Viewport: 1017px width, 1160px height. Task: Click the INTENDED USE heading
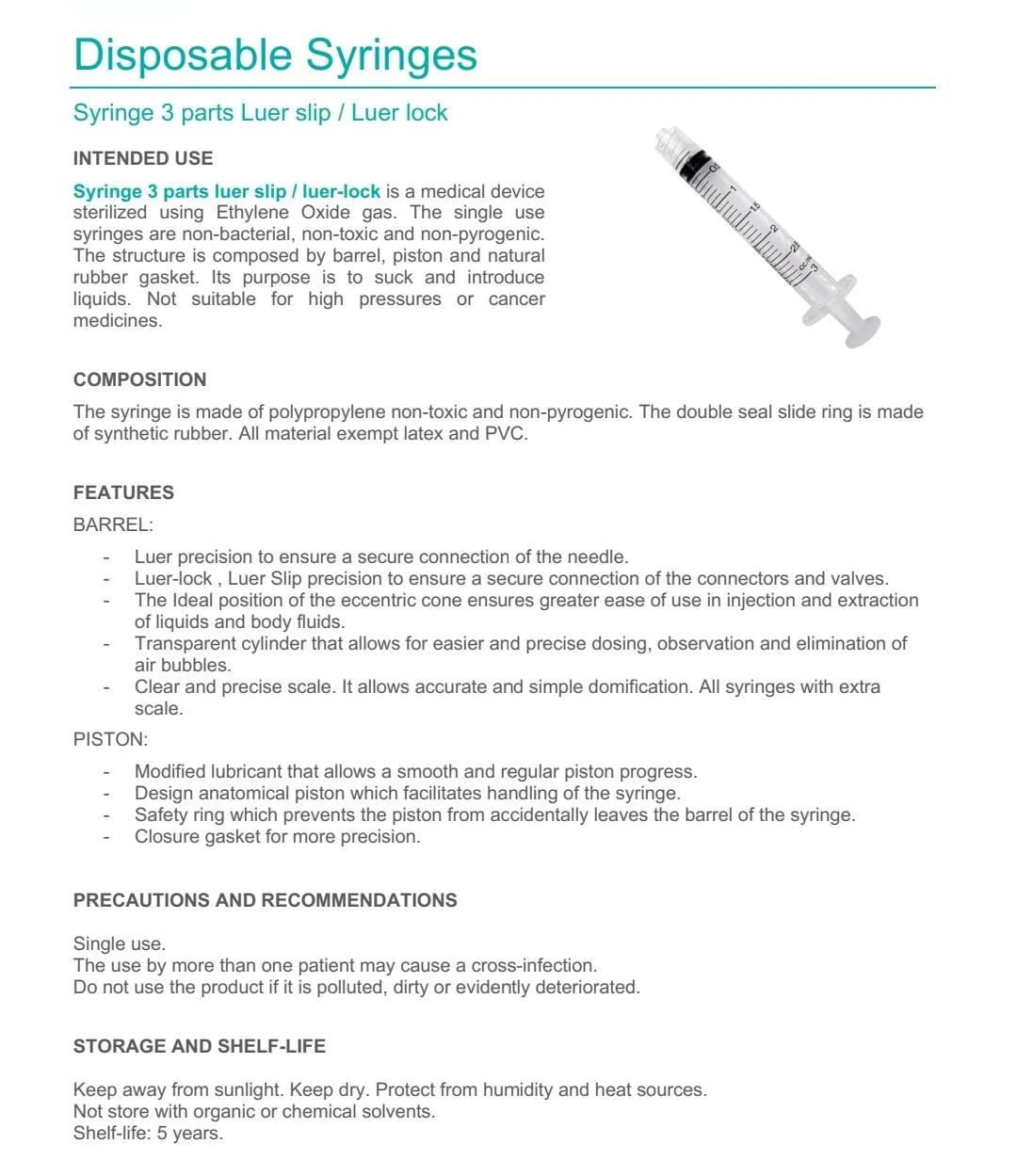tap(143, 158)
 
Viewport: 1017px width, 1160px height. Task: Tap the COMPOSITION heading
tap(139, 379)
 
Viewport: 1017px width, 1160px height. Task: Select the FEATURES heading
tap(123, 492)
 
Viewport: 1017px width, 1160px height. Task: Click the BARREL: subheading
tap(113, 524)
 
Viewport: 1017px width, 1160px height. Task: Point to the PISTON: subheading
tap(110, 739)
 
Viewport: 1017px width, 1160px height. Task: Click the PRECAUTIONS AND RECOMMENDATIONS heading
tap(265, 900)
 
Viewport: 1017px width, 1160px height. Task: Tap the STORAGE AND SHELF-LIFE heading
tap(200, 1046)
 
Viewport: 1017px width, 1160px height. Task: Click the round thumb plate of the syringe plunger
tap(862, 330)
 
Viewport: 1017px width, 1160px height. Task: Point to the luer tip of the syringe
tap(666, 136)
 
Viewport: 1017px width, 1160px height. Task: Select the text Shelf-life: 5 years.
tap(148, 1134)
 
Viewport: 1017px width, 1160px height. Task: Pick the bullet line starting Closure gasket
tap(277, 837)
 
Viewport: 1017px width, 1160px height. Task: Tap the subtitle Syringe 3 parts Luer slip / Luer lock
tap(260, 113)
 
